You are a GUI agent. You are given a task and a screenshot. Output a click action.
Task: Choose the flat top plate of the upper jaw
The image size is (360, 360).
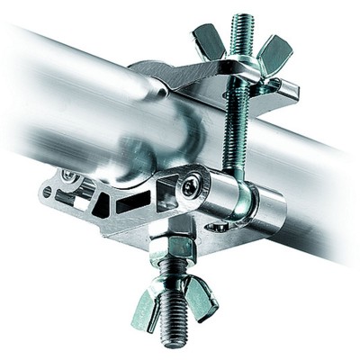(198, 76)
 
